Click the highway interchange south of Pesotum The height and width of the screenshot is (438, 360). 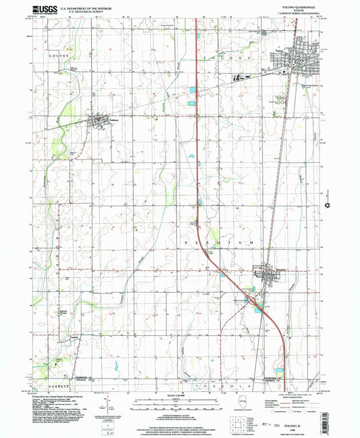[x=251, y=296]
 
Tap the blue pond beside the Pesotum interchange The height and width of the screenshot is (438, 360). [x=257, y=306]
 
